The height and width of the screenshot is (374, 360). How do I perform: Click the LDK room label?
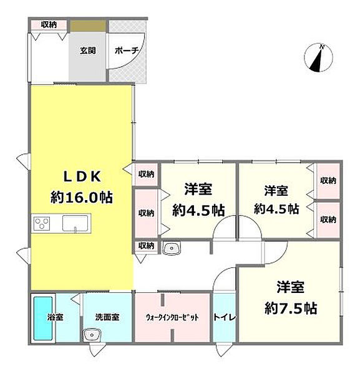point(82,177)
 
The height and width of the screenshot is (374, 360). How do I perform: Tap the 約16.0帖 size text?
point(81,198)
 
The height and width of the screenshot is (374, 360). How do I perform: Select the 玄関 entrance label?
point(87,50)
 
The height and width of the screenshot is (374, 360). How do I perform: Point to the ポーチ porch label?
point(127,50)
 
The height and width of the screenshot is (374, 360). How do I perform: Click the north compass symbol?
point(318,57)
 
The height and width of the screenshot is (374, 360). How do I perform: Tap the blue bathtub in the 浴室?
point(43,318)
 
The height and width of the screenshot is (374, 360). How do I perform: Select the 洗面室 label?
point(107,317)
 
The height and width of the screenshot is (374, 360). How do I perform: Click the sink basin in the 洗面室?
point(92,335)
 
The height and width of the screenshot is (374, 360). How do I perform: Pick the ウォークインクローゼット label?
point(172,317)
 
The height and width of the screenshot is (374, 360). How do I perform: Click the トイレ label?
point(225,317)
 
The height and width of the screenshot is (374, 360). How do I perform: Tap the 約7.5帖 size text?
point(291,308)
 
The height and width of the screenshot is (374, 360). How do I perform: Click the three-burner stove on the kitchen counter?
point(42,224)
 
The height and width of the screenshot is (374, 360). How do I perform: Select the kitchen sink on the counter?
point(75,224)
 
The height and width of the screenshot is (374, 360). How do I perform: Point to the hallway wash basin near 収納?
point(172,248)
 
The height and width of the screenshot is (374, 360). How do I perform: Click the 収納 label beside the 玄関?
point(49,24)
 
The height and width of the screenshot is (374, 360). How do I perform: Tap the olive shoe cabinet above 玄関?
point(88,26)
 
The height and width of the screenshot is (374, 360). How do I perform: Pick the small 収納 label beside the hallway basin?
point(146,246)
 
